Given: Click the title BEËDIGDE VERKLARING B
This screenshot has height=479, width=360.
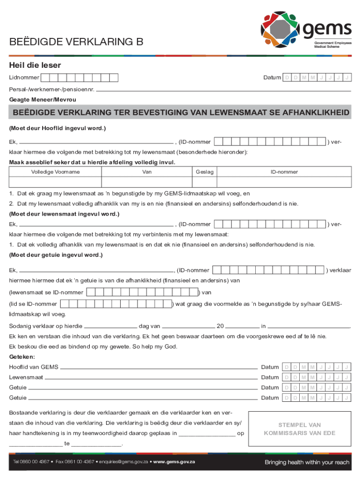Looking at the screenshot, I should pos(76,43).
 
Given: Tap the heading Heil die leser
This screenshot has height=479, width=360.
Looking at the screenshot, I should pos(35,65).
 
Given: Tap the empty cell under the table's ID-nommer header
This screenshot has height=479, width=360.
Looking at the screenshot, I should pos(284,182).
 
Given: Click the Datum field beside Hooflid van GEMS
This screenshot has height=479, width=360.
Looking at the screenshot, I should pos(317,367).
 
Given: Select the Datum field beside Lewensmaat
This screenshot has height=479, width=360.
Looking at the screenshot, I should pos(317,377).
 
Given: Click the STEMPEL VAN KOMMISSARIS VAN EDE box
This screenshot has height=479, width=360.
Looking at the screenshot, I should pos(300,429).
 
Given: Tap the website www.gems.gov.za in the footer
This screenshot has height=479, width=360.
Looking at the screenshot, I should pos(174,462).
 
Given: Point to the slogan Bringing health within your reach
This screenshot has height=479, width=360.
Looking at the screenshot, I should pos(307,462).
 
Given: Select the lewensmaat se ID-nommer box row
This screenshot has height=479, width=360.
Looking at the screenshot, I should pos(142,292).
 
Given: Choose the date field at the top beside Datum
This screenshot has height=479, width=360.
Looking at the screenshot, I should pos(317,77).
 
